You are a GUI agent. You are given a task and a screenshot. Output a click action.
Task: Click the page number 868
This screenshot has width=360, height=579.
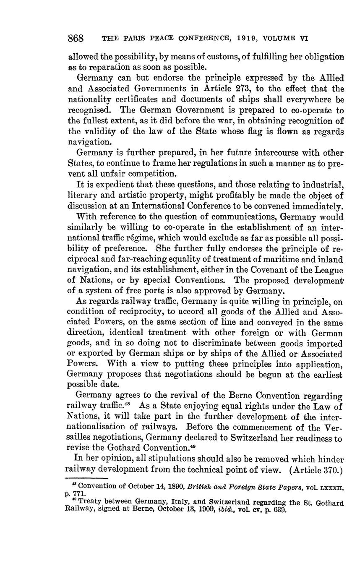76,39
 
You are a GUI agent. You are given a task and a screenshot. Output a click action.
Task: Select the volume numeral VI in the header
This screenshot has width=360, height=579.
304,39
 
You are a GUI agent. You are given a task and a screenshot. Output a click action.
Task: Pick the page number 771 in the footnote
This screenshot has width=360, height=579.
80,494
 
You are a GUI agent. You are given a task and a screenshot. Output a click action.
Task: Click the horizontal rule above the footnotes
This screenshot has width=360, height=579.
87,478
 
